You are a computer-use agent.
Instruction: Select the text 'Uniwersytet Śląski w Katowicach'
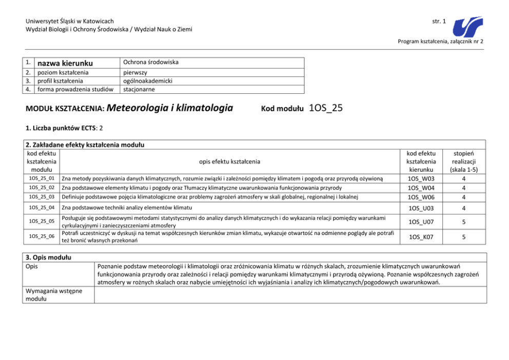69,21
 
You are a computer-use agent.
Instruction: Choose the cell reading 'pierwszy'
135,72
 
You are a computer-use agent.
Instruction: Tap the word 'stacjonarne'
139,89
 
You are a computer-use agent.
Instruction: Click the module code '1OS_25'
326,108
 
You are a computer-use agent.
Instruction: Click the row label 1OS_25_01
41,178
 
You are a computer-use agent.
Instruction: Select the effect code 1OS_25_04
41,208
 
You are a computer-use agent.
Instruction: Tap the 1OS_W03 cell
420,178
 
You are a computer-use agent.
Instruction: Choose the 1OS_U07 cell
420,222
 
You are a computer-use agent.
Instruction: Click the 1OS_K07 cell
420,237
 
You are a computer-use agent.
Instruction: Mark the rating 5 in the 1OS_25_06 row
463,237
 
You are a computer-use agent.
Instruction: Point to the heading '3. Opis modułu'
48,256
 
